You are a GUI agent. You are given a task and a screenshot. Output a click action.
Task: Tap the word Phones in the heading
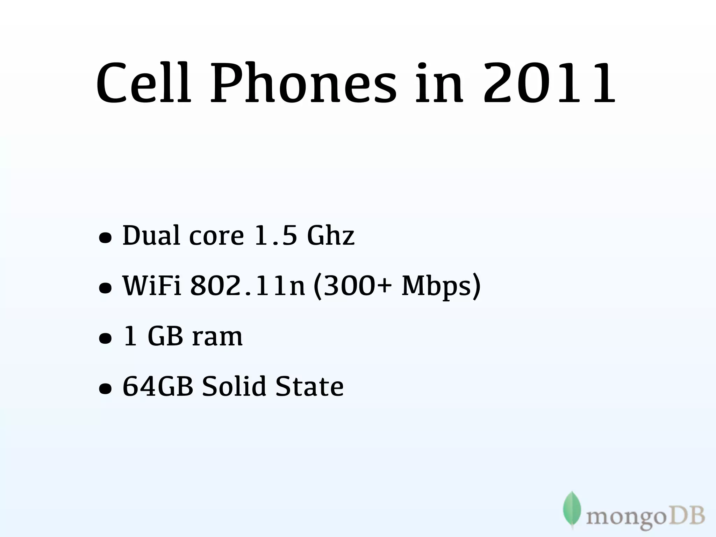(303, 84)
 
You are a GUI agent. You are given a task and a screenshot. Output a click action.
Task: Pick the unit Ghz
(331, 236)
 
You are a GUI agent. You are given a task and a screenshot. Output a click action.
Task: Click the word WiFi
(152, 286)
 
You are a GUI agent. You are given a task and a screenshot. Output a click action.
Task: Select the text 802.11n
(248, 286)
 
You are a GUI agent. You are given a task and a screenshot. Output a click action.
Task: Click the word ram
(217, 337)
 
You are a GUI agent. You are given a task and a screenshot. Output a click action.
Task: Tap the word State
(309, 387)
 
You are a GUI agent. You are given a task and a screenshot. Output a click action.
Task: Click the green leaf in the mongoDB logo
(572, 509)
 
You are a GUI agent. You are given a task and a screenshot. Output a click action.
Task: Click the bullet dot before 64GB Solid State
(105, 389)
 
